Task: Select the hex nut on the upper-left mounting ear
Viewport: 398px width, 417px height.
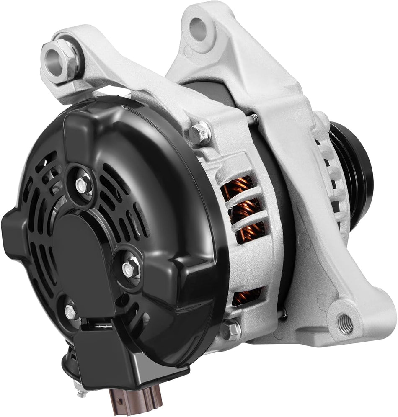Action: pyautogui.click(x=67, y=60)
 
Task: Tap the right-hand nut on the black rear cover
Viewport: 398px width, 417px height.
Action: pyautogui.click(x=129, y=267)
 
